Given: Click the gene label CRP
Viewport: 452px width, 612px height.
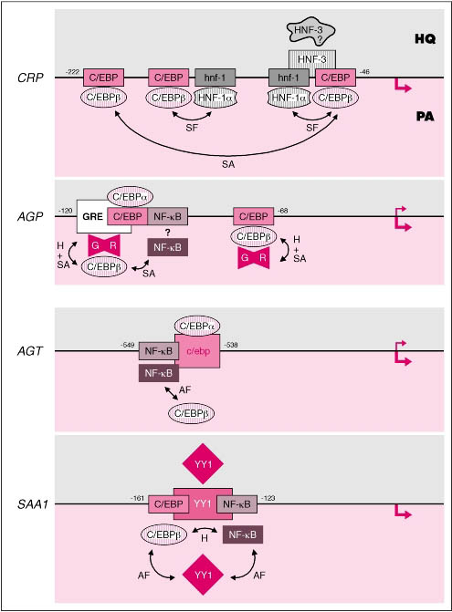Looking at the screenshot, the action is (x=30, y=78).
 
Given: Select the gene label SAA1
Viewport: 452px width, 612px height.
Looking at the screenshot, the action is (x=33, y=504).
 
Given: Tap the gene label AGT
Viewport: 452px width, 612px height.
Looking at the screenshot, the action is (x=30, y=351).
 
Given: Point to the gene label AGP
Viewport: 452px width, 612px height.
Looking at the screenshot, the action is (x=30, y=216).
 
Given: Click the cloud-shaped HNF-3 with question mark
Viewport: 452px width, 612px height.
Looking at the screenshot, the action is (x=310, y=31).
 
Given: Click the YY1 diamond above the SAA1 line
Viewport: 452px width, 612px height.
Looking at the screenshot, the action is (x=203, y=463).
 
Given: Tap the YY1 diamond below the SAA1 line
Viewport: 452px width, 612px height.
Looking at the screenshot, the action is (x=203, y=575).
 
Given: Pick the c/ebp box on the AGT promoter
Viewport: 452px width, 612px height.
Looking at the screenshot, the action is (x=197, y=351).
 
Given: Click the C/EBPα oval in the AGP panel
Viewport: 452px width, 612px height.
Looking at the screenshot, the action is (x=130, y=197).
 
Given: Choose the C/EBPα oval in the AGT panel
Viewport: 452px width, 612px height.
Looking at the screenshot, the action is (x=197, y=326).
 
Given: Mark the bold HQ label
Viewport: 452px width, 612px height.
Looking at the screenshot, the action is (x=425, y=38).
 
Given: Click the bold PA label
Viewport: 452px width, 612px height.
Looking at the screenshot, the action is (x=425, y=117).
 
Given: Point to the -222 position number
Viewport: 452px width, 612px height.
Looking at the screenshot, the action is (x=72, y=72).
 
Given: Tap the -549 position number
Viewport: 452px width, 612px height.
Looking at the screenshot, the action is (x=127, y=345).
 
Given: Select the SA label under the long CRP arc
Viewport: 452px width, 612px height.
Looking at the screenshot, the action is (x=228, y=164).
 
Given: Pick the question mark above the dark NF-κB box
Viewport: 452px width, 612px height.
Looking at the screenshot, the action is (x=168, y=233).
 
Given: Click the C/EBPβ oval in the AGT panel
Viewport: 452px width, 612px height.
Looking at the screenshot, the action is (x=192, y=413).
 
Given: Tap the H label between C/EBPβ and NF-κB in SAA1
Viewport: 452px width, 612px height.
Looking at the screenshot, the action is (x=205, y=538).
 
